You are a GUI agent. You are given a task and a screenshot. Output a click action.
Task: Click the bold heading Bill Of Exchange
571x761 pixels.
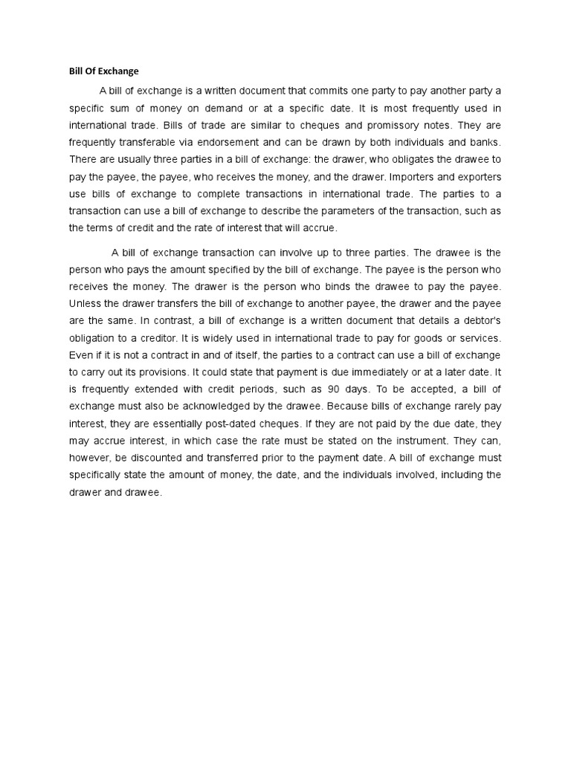99,71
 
